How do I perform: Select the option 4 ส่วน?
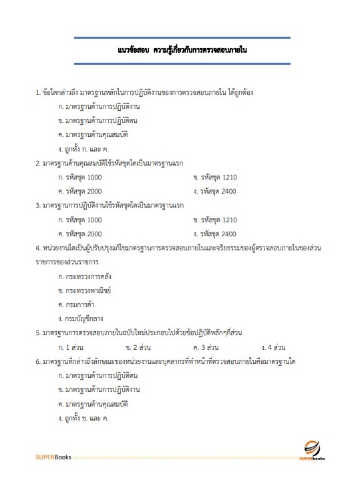pos(274,347)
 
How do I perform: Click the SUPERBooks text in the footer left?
pos(52,458)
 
